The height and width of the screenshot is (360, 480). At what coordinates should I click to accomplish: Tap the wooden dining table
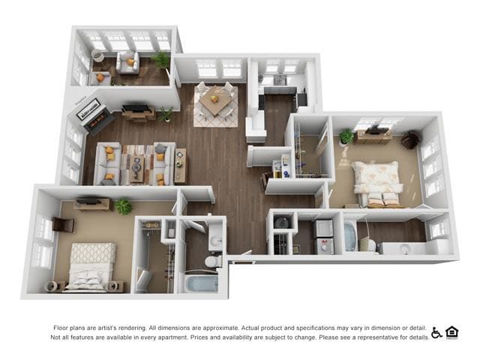(215, 101)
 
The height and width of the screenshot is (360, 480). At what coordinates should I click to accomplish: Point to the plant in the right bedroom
(346, 136)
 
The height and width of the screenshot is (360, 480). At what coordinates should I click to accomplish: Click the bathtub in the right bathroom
(350, 234)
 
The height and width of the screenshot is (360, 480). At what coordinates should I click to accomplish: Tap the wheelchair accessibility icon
(436, 332)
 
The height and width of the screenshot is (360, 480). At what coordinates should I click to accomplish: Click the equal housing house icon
(451, 332)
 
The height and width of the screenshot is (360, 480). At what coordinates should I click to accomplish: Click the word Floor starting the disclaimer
(62, 328)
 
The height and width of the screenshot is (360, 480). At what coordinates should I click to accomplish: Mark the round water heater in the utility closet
(282, 222)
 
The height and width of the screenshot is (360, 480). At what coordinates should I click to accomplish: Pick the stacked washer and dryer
(324, 236)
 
